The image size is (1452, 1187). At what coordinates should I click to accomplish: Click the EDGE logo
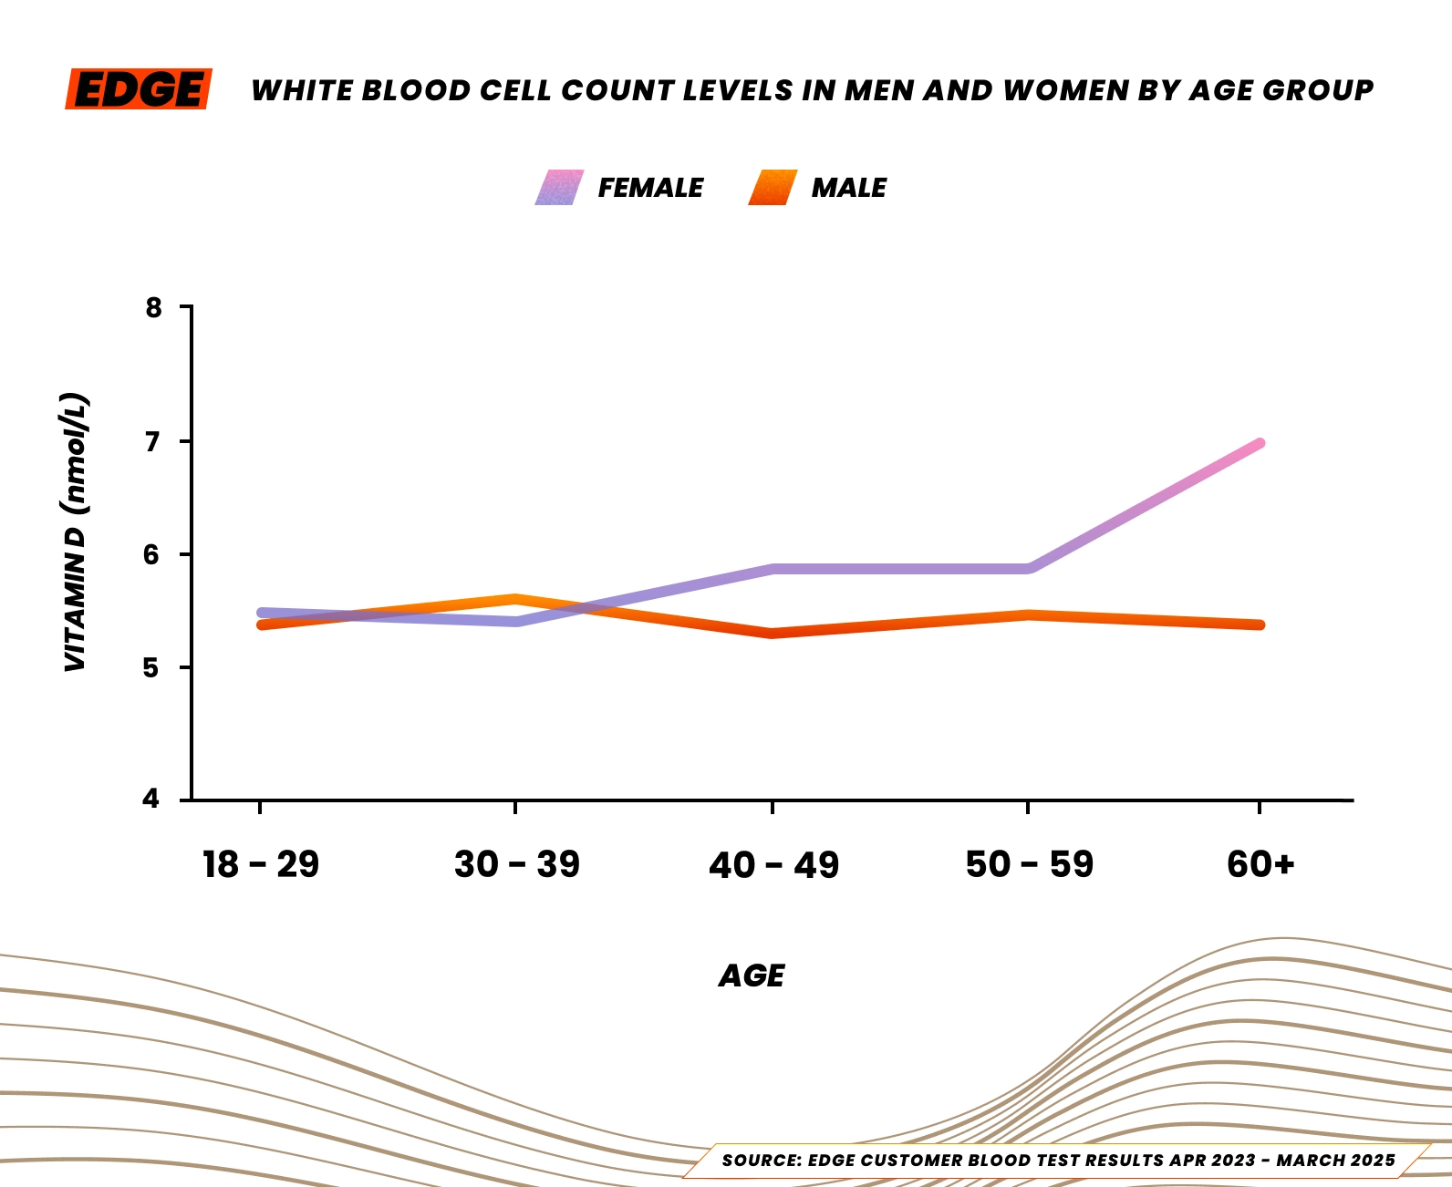tap(139, 89)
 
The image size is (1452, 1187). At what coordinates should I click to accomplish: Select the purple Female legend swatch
tap(559, 188)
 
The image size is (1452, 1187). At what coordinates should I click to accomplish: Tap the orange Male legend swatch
tap(773, 188)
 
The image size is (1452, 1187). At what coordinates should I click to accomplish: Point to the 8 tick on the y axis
tap(153, 307)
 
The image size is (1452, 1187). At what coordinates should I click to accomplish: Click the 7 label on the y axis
tap(153, 441)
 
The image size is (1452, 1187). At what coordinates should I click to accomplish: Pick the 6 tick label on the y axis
tap(153, 554)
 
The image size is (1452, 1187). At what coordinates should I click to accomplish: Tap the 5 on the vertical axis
tap(151, 668)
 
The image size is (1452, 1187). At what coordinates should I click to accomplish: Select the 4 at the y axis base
tap(151, 799)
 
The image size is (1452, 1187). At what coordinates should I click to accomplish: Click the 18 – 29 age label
tap(261, 864)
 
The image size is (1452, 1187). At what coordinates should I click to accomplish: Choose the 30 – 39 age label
tap(516, 864)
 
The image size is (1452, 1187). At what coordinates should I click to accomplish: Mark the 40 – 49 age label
tap(773, 864)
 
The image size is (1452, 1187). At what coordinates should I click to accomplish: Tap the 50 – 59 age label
tap(1029, 864)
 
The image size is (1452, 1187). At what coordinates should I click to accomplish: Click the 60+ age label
tap(1260, 864)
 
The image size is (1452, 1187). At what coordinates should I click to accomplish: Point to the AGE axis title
tap(752, 976)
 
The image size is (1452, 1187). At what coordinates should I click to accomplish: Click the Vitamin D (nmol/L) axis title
tap(75, 533)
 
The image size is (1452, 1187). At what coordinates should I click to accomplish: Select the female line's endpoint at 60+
tap(1259, 444)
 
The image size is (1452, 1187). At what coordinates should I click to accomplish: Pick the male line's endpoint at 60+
tap(1259, 624)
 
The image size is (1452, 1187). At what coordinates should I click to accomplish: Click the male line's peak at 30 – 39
tap(515, 599)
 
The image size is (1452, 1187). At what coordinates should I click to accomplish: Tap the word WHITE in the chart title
tap(302, 90)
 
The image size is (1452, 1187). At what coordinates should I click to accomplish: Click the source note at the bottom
tap(1058, 1161)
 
